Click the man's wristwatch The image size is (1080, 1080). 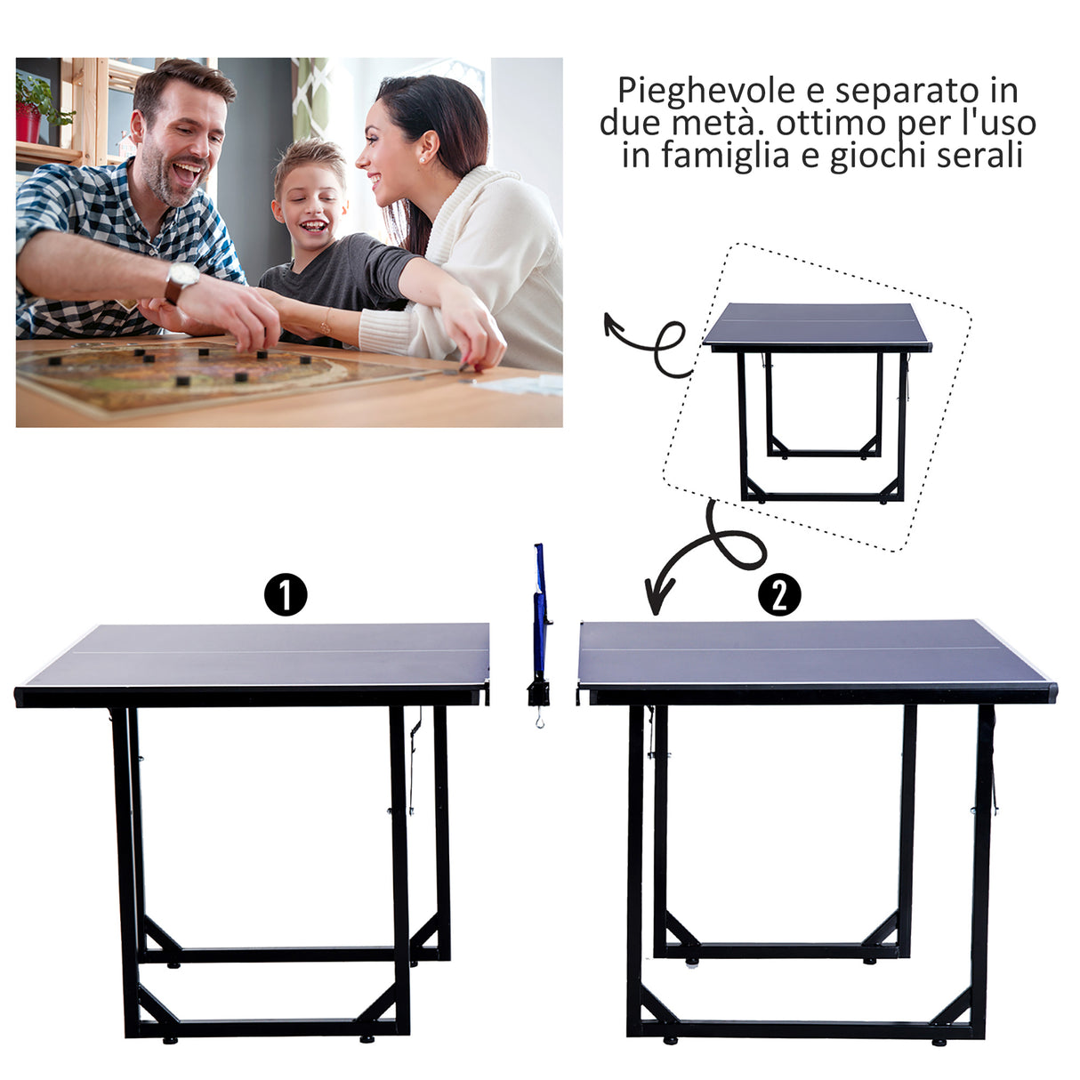181,279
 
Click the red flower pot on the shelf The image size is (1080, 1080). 28,124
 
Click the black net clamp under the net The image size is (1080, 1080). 537,692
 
